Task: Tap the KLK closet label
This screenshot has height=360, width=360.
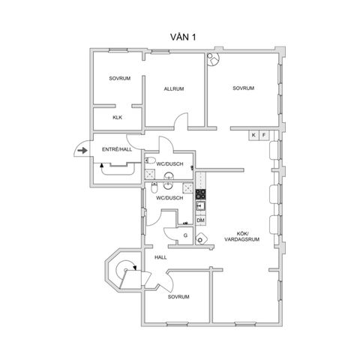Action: click(117, 118)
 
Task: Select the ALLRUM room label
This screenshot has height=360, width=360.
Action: click(174, 89)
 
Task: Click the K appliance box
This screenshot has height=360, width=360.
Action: click(254, 134)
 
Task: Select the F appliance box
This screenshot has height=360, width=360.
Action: click(264, 134)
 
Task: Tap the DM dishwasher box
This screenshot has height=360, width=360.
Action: click(200, 220)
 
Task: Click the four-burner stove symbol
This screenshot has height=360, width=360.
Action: click(201, 193)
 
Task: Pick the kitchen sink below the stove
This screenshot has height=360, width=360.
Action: click(201, 206)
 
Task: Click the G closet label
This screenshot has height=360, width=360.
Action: click(185, 235)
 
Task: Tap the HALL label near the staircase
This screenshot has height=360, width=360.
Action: click(160, 257)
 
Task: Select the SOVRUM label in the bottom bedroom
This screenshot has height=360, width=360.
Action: click(178, 297)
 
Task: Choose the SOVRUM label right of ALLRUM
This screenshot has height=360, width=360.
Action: click(243, 88)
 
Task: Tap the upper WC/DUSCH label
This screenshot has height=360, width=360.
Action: click(169, 163)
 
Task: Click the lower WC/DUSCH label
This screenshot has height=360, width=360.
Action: click(169, 198)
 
